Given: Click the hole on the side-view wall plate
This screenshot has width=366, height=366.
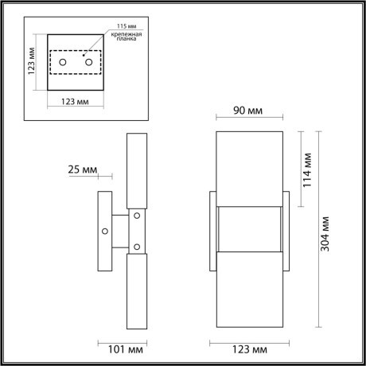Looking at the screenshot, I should coord(104,231).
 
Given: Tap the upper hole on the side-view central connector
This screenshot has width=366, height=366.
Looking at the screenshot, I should coord(136,214).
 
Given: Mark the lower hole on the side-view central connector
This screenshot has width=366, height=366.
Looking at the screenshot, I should coord(136,245).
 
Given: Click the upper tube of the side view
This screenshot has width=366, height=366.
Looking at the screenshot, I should coord(137,171).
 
